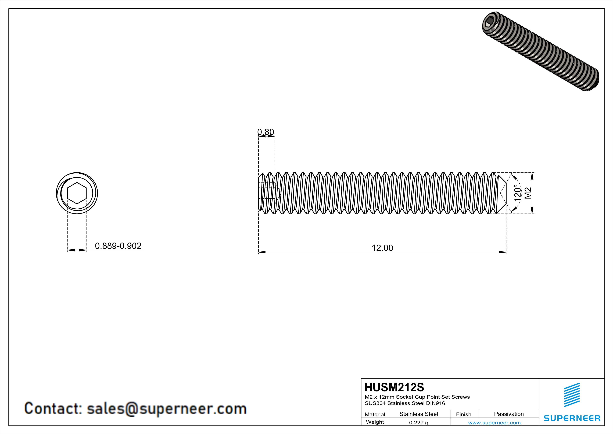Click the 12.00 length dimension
(x=382, y=248)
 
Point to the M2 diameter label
(x=528, y=193)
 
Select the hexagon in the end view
(x=77, y=193)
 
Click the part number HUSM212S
(x=394, y=387)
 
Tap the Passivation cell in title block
(x=509, y=414)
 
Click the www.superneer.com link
(x=494, y=422)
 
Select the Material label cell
(x=375, y=414)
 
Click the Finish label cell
(x=464, y=414)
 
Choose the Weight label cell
(x=375, y=422)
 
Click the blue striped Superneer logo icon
(x=572, y=395)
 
